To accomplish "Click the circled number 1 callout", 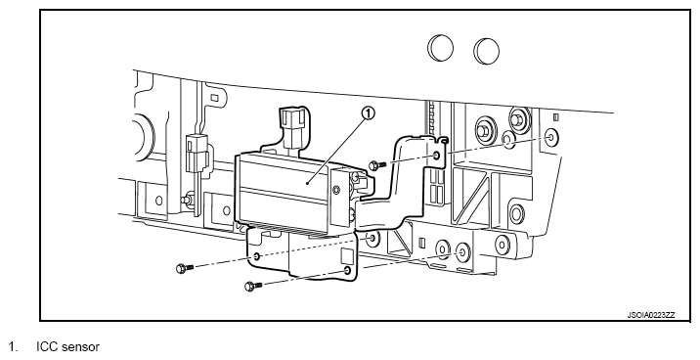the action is (x=369, y=113).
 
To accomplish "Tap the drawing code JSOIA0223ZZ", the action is (x=651, y=315).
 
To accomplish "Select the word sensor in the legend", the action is (x=81, y=347).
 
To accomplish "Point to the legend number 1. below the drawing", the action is (x=13, y=347).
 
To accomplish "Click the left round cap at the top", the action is (x=441, y=48).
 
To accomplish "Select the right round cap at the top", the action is (x=487, y=51).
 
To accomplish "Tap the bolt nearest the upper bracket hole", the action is (x=377, y=165).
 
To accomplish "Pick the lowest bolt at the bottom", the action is (x=254, y=286).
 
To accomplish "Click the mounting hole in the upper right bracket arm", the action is (x=436, y=156).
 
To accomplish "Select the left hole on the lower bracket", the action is (x=256, y=256).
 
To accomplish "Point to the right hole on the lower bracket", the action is (x=347, y=271).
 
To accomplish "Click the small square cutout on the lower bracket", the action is (x=347, y=256).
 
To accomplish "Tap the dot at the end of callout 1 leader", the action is (x=308, y=183).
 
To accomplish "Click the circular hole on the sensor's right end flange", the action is (x=336, y=191).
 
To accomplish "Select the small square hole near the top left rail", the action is (x=214, y=98).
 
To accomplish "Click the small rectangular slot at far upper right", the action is (x=556, y=117).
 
